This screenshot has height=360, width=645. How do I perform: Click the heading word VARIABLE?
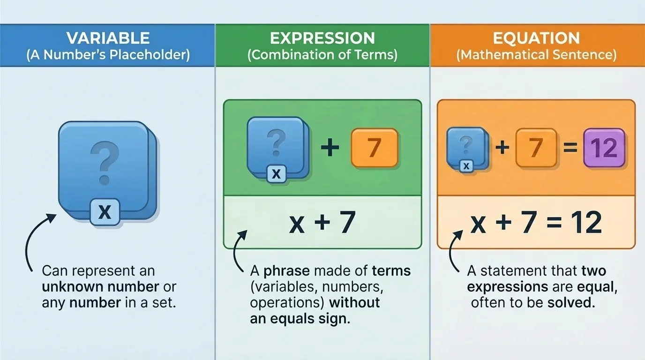point(108,38)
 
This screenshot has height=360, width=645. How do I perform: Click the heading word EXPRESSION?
point(322,38)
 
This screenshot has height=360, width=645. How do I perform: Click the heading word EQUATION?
point(536,38)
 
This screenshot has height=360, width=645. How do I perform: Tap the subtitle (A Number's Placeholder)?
point(108,55)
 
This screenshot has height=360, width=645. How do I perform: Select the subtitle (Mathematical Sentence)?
point(536,55)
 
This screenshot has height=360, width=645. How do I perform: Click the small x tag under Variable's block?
point(105,212)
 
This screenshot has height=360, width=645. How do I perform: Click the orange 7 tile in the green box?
point(374,148)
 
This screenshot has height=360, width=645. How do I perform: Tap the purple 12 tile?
point(604,149)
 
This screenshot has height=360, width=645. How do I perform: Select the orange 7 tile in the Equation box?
point(536,149)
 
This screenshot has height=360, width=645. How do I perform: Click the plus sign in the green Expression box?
point(330,148)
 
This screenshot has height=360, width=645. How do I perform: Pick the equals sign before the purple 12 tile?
point(570,149)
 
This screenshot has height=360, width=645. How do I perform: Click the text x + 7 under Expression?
point(322,223)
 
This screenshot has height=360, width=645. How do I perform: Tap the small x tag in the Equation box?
point(466,165)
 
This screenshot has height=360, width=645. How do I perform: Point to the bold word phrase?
point(286,271)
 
